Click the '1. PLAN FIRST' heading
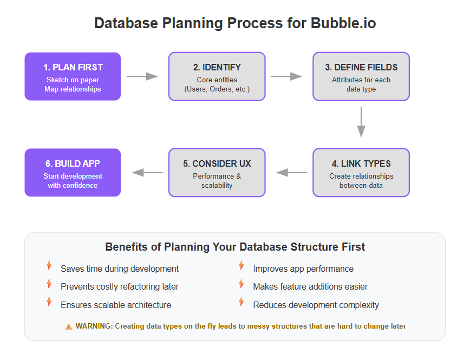73,67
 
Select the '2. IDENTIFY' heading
217,67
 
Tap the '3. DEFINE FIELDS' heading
361,67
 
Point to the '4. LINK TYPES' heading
361,163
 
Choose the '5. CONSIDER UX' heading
217,163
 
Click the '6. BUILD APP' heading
73,163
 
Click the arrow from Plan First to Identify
142,76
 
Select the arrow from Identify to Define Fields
286,76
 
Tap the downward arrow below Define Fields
361,122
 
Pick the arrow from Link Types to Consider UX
292,173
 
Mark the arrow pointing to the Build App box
147,173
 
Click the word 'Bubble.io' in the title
343,23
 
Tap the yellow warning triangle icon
69,326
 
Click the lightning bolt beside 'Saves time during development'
49,265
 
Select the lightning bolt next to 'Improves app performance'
241,265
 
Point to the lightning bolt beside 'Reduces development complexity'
241,302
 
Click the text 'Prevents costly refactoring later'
120,287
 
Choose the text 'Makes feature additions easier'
310,287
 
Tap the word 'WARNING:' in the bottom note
94,326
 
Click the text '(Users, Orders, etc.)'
217,89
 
